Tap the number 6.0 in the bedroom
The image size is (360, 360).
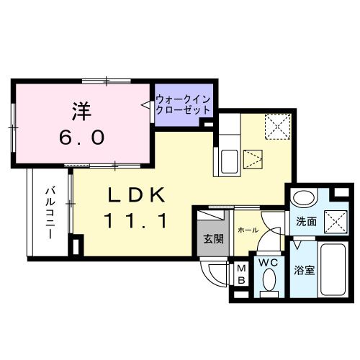81,135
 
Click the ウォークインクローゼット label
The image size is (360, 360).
183,106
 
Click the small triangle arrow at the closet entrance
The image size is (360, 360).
147,105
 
